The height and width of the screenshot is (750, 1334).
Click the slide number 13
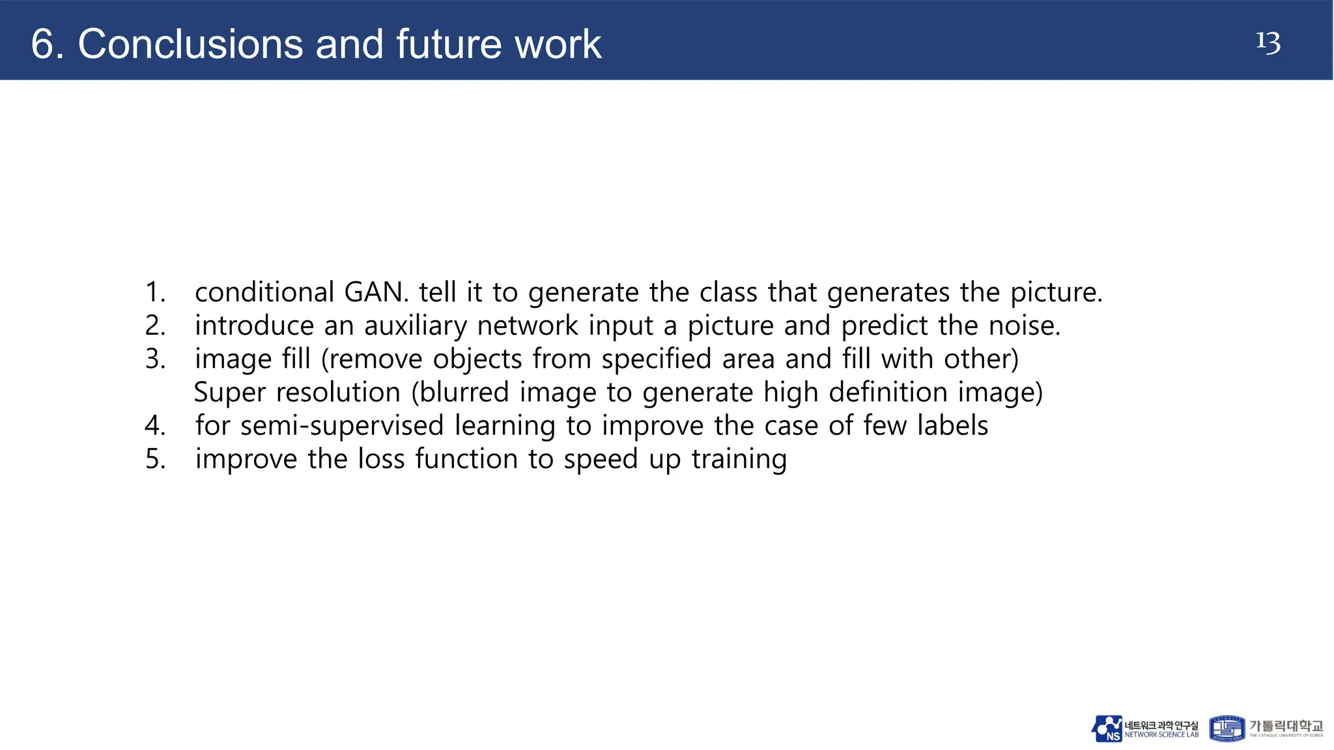tap(1268, 43)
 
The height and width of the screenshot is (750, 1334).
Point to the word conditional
tap(264, 292)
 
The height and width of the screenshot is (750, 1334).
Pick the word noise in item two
tap(1024, 326)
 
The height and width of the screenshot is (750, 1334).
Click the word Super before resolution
tap(230, 393)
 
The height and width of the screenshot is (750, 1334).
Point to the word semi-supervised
tap(342, 426)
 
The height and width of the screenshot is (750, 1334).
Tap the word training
tap(739, 460)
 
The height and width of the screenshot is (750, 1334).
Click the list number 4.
tap(155, 426)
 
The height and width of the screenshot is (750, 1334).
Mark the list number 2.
tap(155, 326)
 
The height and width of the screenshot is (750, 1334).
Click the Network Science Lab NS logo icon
tap(1107, 729)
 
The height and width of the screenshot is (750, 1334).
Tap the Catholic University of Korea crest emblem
tap(1227, 729)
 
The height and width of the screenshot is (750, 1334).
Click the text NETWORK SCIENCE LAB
tap(1161, 735)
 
